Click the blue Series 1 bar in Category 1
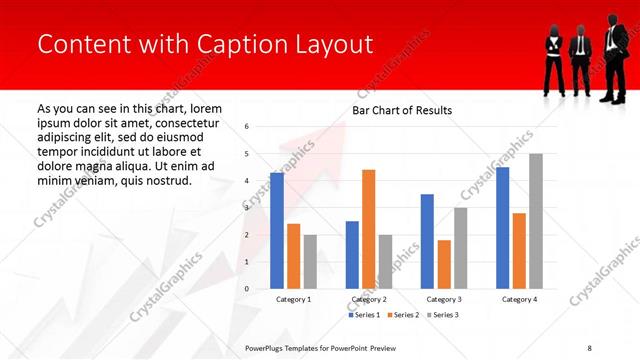pos(277,231)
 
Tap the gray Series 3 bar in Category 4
pos(536,221)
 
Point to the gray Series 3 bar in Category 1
pos(310,261)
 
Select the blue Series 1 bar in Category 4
pos(502,228)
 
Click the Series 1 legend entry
pos(364,315)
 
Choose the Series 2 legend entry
pos(402,315)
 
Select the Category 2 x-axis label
pos(369,299)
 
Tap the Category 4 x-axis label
pos(518,299)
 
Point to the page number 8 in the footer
pos(589,348)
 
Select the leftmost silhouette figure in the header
pos(552,59)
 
